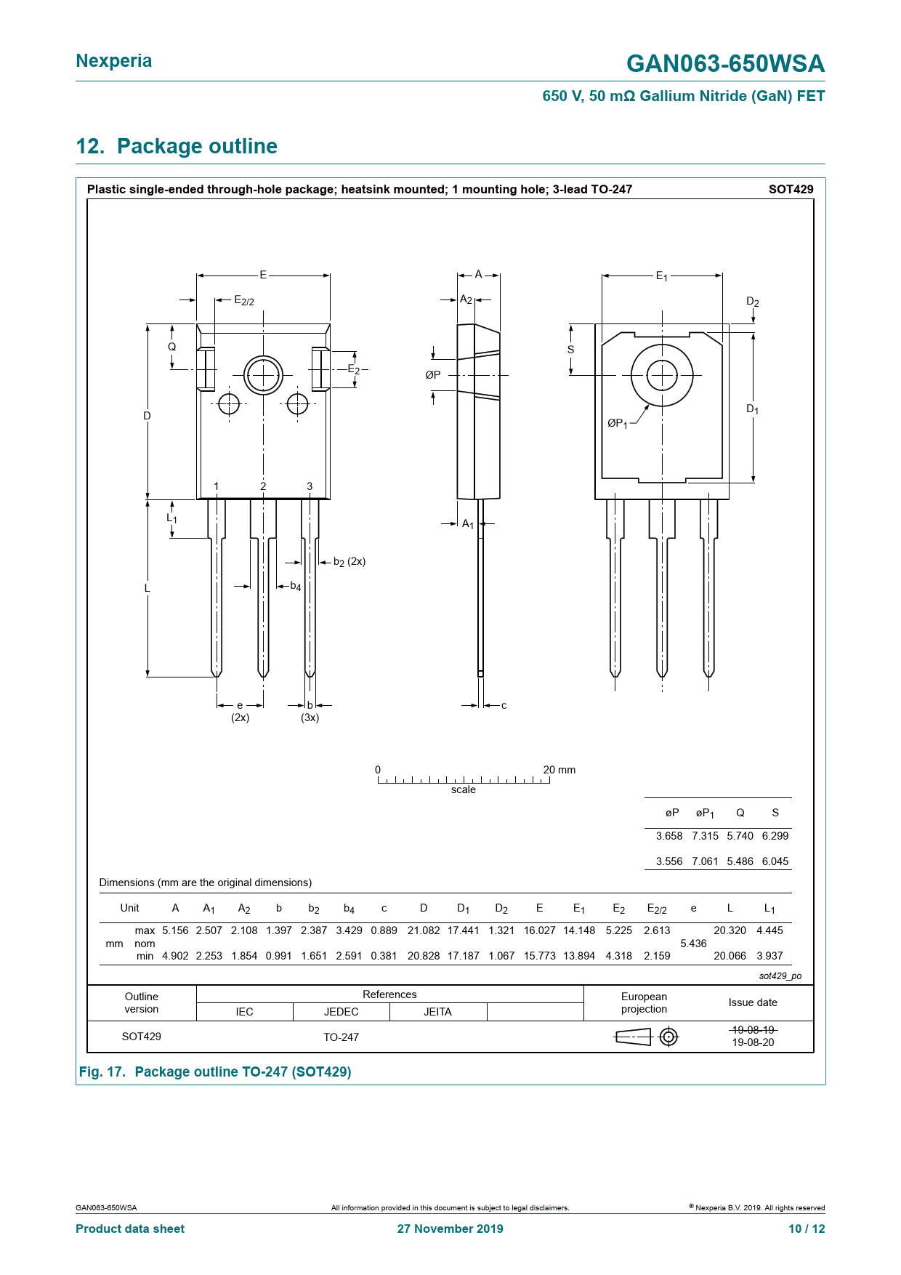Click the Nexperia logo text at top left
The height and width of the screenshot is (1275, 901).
point(114,61)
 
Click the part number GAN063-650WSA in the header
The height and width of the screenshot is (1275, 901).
point(725,64)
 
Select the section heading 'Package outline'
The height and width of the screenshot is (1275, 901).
point(197,146)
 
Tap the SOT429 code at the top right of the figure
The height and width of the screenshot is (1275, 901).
point(791,190)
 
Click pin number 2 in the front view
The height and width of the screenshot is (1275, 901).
point(263,486)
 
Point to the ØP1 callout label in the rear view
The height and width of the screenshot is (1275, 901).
point(618,423)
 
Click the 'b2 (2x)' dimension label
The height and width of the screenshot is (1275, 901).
point(350,562)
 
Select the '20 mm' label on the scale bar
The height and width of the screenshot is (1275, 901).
point(559,770)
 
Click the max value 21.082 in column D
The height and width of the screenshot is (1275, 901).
point(424,930)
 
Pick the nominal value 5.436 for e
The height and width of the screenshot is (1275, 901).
point(693,944)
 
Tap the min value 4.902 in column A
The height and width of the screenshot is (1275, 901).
point(175,956)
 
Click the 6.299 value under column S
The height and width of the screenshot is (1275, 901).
point(775,836)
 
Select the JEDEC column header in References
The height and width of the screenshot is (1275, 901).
point(342,1012)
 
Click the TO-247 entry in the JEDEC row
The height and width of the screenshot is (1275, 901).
point(342,1037)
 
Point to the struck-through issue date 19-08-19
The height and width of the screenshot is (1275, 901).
point(753,1030)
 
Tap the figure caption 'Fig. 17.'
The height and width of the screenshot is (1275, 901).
point(102,1072)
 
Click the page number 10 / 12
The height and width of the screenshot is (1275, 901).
point(807,1228)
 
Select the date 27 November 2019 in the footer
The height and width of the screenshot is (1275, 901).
point(450,1228)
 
